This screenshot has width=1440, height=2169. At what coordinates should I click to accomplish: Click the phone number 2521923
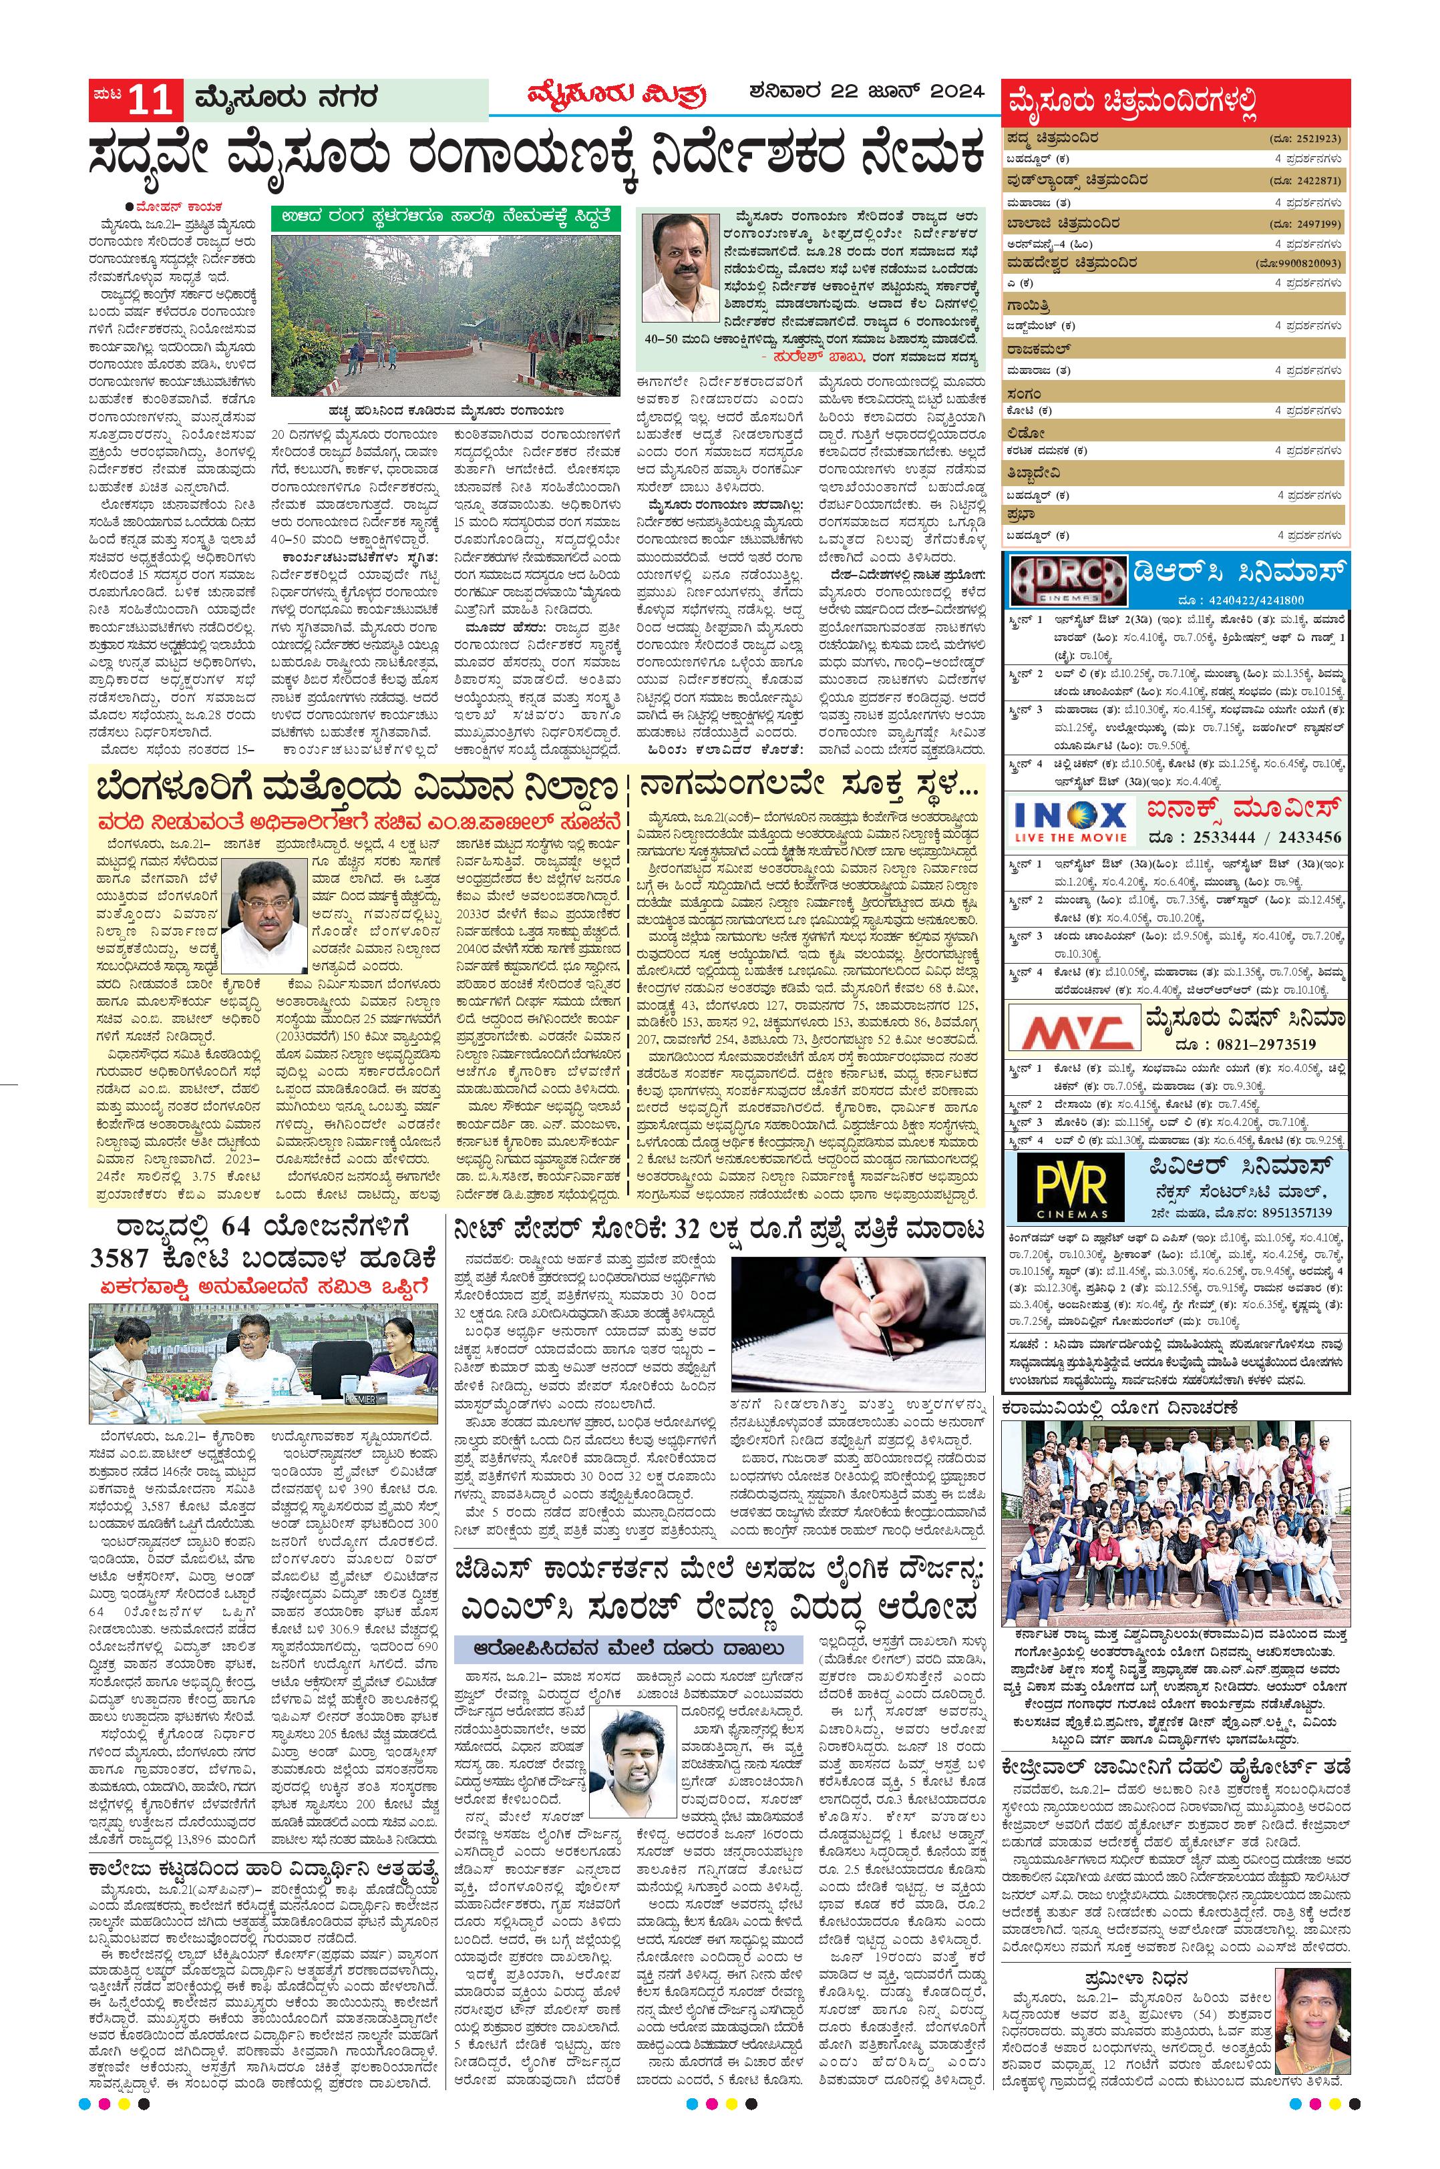point(1315,140)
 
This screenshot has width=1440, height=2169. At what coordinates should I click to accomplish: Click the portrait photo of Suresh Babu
point(681,267)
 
